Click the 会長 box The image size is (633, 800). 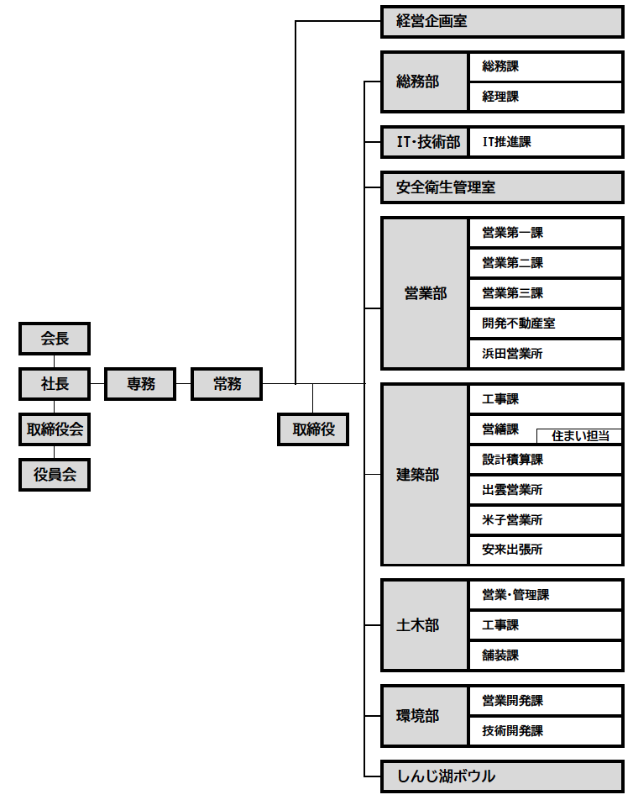click(x=55, y=339)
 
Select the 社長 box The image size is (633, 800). click(x=55, y=384)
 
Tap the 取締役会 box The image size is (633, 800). click(x=55, y=429)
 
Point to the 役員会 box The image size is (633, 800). click(x=55, y=475)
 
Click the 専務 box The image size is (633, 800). click(x=140, y=384)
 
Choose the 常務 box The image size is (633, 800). click(x=227, y=384)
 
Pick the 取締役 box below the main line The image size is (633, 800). click(x=313, y=429)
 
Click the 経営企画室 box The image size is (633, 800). click(x=502, y=21)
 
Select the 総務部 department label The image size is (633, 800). click(x=424, y=82)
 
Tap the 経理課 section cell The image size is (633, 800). click(x=546, y=97)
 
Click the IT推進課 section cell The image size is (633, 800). click(x=546, y=142)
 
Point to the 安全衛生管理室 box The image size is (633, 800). click(x=502, y=187)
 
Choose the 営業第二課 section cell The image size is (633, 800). click(x=546, y=263)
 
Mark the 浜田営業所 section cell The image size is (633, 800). click(x=546, y=354)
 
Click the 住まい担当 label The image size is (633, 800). click(x=580, y=436)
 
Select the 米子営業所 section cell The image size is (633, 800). click(x=546, y=520)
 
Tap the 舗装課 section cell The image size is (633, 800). click(x=546, y=655)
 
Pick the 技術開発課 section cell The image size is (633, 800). click(x=546, y=731)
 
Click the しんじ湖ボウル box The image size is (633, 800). click(x=502, y=776)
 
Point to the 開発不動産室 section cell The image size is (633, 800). click(x=546, y=324)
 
